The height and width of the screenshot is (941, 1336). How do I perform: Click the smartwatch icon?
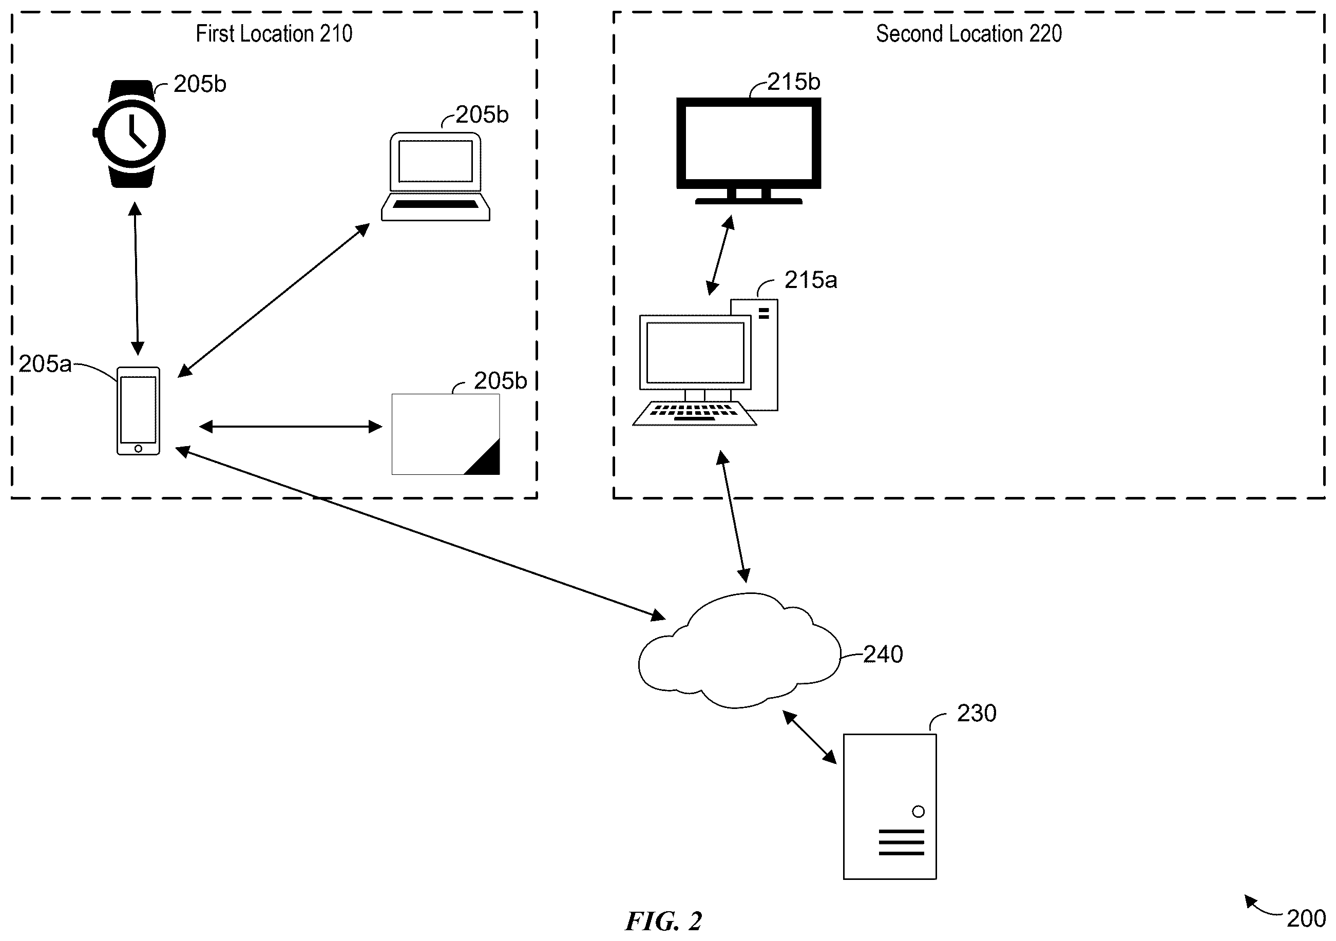click(x=130, y=134)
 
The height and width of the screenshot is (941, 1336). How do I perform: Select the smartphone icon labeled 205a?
click(x=138, y=411)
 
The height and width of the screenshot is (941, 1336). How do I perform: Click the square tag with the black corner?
click(x=446, y=434)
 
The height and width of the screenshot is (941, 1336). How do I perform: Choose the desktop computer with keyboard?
click(x=705, y=362)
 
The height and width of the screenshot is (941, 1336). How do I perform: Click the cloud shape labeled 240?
click(x=739, y=650)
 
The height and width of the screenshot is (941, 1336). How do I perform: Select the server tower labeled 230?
click(x=890, y=806)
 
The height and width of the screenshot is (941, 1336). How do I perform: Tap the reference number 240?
click(x=883, y=655)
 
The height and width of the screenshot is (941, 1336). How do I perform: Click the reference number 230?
click(x=977, y=714)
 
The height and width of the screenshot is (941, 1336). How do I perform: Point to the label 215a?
click(x=811, y=280)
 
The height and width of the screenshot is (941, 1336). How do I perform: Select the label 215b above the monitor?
click(x=794, y=82)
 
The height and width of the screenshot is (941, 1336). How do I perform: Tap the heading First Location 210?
click(x=274, y=34)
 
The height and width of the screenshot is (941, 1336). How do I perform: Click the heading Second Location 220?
click(x=969, y=34)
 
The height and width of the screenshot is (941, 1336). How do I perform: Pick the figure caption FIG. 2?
click(x=664, y=921)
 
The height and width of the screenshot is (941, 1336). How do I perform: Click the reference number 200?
click(x=1306, y=918)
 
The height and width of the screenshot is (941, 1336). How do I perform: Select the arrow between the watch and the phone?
click(x=136, y=278)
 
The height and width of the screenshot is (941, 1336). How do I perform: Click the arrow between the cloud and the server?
click(x=809, y=737)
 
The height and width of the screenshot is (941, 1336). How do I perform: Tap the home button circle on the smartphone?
click(x=138, y=448)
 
